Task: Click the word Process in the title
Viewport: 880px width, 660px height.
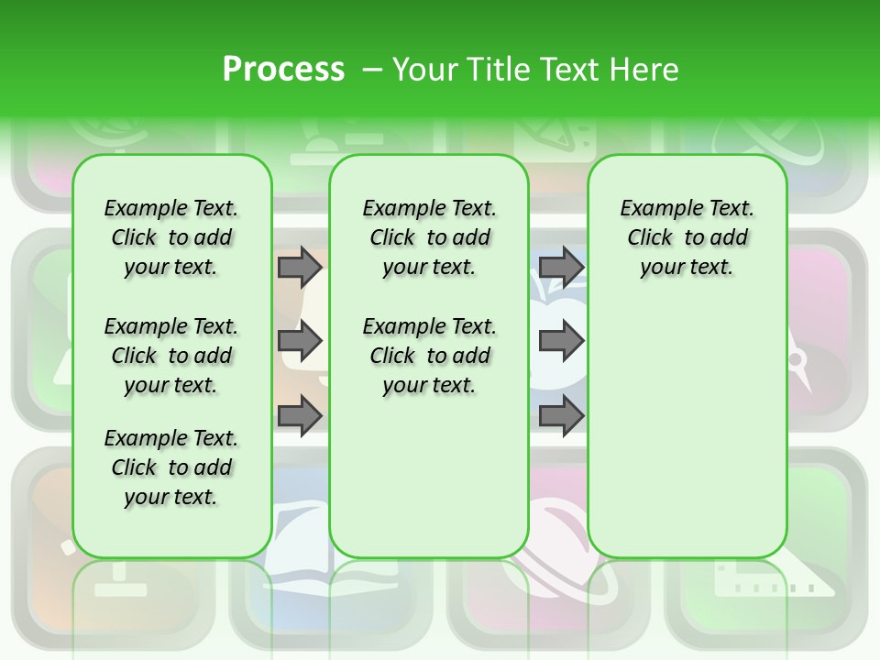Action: pyautogui.click(x=283, y=70)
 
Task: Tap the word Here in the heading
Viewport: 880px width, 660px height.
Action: pyautogui.click(x=645, y=70)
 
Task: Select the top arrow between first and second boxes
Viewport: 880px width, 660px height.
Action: pyautogui.click(x=299, y=268)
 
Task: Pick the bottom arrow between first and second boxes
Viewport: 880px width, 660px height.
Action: pyautogui.click(x=299, y=416)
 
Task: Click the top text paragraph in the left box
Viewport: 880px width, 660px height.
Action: pyautogui.click(x=171, y=237)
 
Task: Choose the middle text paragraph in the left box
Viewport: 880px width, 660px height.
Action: pyautogui.click(x=171, y=356)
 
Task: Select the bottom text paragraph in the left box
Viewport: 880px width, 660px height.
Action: pyautogui.click(x=171, y=467)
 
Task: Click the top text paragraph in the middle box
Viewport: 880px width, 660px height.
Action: pyautogui.click(x=429, y=237)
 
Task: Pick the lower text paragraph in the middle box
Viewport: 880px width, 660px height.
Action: pyautogui.click(x=429, y=356)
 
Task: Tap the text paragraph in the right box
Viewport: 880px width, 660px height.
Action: pyautogui.click(x=687, y=237)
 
